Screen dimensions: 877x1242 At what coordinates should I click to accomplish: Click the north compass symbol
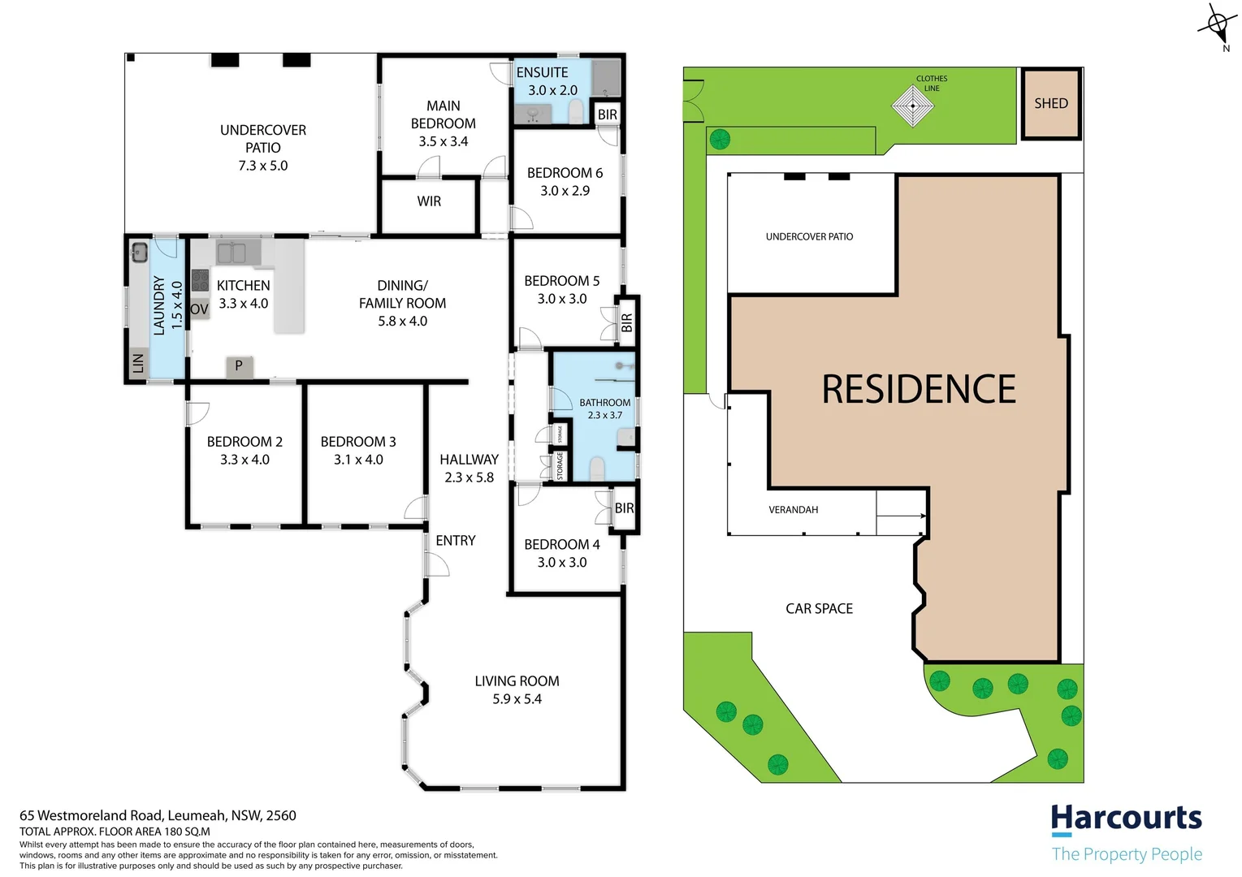point(1217,24)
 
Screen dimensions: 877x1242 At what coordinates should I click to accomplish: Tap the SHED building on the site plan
point(1050,104)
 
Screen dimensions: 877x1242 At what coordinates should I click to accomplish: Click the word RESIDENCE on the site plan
point(918,389)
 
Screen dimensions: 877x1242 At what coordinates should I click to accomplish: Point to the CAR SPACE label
point(819,608)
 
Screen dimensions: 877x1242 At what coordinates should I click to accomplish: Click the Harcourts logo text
point(1126,819)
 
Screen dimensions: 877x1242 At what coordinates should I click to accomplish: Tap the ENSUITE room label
point(542,72)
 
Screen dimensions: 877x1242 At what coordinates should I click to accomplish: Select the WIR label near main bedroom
point(429,201)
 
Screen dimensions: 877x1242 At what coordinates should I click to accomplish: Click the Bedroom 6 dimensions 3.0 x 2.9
point(565,191)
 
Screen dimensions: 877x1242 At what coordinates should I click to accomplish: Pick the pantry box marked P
point(239,366)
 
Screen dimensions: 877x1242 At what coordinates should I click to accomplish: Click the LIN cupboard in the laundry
point(138,363)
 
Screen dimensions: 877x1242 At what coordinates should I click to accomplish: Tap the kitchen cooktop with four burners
point(201,280)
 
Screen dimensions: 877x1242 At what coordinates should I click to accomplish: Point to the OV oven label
point(200,309)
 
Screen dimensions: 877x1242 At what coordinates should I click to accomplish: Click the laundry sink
point(138,251)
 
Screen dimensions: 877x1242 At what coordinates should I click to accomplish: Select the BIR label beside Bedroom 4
point(624,508)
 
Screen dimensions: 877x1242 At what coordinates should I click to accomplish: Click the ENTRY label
point(455,541)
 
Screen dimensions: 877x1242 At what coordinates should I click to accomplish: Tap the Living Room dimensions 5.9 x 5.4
point(517,699)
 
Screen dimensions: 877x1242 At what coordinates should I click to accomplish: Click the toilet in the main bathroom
point(597,468)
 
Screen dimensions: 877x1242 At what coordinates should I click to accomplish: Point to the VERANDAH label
point(793,510)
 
